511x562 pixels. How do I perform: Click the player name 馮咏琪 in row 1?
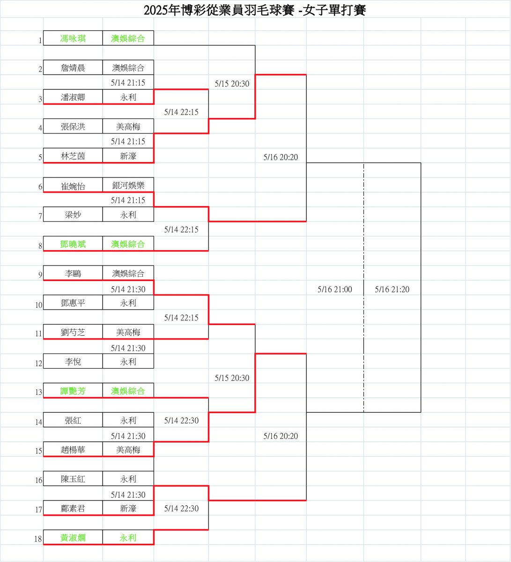(x=73, y=38)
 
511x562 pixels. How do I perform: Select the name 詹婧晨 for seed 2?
(x=73, y=68)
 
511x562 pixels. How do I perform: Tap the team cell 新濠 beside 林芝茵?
(x=128, y=156)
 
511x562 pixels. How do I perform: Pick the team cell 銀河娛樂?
(x=128, y=185)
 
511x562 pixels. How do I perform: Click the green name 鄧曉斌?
(x=73, y=244)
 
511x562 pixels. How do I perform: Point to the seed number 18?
(x=38, y=539)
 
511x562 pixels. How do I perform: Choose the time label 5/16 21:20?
(x=392, y=289)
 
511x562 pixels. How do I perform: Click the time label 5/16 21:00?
(x=335, y=289)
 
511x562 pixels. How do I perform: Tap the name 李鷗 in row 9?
(x=73, y=274)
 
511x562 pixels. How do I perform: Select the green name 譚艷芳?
(x=73, y=391)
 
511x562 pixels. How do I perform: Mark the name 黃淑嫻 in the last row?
(x=73, y=538)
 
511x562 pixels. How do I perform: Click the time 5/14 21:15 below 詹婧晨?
(x=128, y=82)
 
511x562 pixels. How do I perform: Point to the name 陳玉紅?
(x=73, y=479)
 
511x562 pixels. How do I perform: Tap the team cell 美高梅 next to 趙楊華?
(x=128, y=450)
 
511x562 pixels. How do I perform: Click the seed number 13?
(x=39, y=392)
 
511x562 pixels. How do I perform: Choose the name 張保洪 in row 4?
(x=73, y=126)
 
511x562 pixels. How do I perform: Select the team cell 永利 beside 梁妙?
(x=128, y=214)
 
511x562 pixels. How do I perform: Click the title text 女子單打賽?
(x=334, y=10)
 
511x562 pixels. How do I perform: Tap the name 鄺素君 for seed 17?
(x=73, y=508)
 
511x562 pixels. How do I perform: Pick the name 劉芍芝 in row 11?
(x=73, y=332)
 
